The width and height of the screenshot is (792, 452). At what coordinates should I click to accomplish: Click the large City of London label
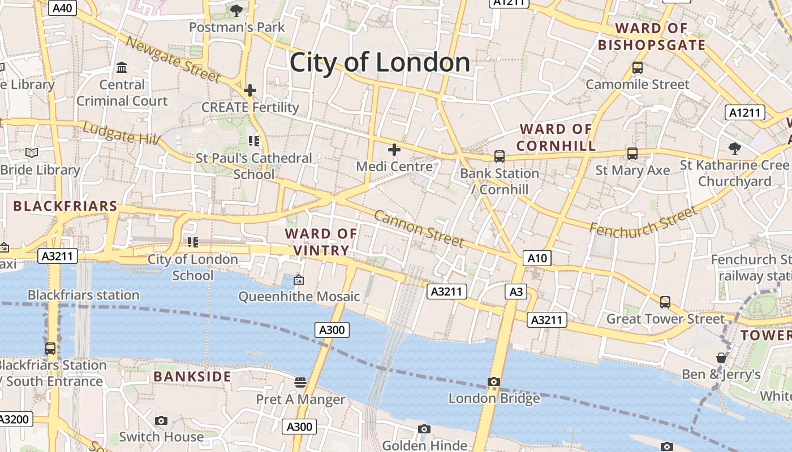pyautogui.click(x=380, y=62)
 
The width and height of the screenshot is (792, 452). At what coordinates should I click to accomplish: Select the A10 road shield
pyautogui.click(x=537, y=258)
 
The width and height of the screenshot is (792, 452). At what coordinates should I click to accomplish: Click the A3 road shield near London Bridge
pyautogui.click(x=515, y=292)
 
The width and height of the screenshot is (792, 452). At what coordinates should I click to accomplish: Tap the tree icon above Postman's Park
pyautogui.click(x=236, y=10)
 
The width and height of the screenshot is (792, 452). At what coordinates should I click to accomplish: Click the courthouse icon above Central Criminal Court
pyautogui.click(x=122, y=68)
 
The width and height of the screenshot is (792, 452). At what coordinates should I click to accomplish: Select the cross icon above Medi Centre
pyautogui.click(x=394, y=150)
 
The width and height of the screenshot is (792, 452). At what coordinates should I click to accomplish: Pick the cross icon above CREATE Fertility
pyautogui.click(x=249, y=90)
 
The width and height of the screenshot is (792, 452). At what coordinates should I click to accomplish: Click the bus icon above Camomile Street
pyautogui.click(x=638, y=68)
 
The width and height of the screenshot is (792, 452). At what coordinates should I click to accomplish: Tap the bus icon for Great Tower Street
pyautogui.click(x=665, y=302)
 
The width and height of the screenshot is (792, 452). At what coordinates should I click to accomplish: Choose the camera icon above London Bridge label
pyautogui.click(x=494, y=381)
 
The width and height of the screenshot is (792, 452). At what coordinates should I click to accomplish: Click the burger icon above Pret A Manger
pyautogui.click(x=300, y=383)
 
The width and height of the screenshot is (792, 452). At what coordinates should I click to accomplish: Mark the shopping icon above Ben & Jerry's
pyautogui.click(x=721, y=357)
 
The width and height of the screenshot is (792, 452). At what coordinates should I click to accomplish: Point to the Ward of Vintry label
pyautogui.click(x=321, y=242)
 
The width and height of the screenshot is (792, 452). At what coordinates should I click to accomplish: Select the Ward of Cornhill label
pyautogui.click(x=556, y=137)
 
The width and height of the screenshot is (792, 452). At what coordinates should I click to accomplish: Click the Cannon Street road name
pyautogui.click(x=419, y=229)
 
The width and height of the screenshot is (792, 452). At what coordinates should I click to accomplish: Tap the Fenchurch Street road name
pyautogui.click(x=643, y=221)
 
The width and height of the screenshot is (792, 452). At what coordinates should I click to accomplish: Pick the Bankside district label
pyautogui.click(x=192, y=376)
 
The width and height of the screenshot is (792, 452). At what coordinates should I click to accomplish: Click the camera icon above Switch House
pyautogui.click(x=161, y=420)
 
